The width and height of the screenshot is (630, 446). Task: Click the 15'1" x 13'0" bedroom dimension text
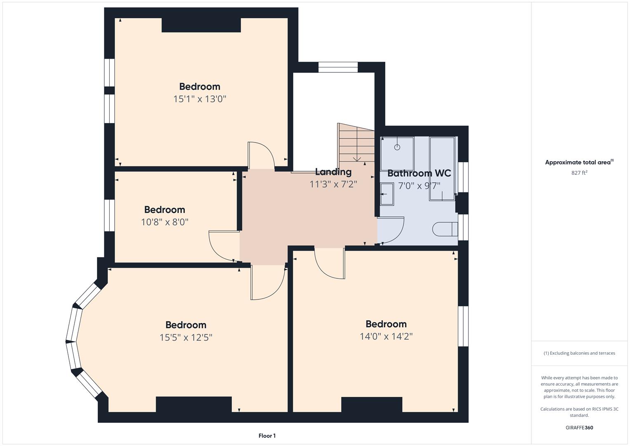tap(200, 99)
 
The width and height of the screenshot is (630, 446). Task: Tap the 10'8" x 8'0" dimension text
tap(165, 222)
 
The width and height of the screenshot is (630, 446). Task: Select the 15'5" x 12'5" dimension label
tap(186, 338)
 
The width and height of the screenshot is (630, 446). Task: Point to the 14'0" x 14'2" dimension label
tap(386, 337)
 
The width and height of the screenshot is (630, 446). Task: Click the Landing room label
tap(333, 172)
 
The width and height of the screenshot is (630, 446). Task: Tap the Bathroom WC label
tap(419, 173)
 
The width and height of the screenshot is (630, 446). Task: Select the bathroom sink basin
tap(387, 194)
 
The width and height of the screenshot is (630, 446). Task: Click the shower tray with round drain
tap(397, 148)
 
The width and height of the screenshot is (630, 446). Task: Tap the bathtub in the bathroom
tap(442, 168)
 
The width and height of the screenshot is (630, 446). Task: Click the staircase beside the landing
tap(356, 143)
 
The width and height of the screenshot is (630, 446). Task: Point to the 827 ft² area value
tap(579, 173)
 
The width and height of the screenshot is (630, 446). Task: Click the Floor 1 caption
tap(267, 436)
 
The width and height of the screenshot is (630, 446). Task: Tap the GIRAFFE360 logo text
tap(579, 428)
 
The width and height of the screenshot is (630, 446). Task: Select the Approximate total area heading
tap(579, 162)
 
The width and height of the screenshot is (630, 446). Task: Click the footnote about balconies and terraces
tap(579, 353)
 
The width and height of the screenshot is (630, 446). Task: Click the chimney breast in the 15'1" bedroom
tap(201, 25)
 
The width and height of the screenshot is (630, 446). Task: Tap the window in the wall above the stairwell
tap(338, 67)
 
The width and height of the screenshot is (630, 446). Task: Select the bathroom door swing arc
tap(391, 231)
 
